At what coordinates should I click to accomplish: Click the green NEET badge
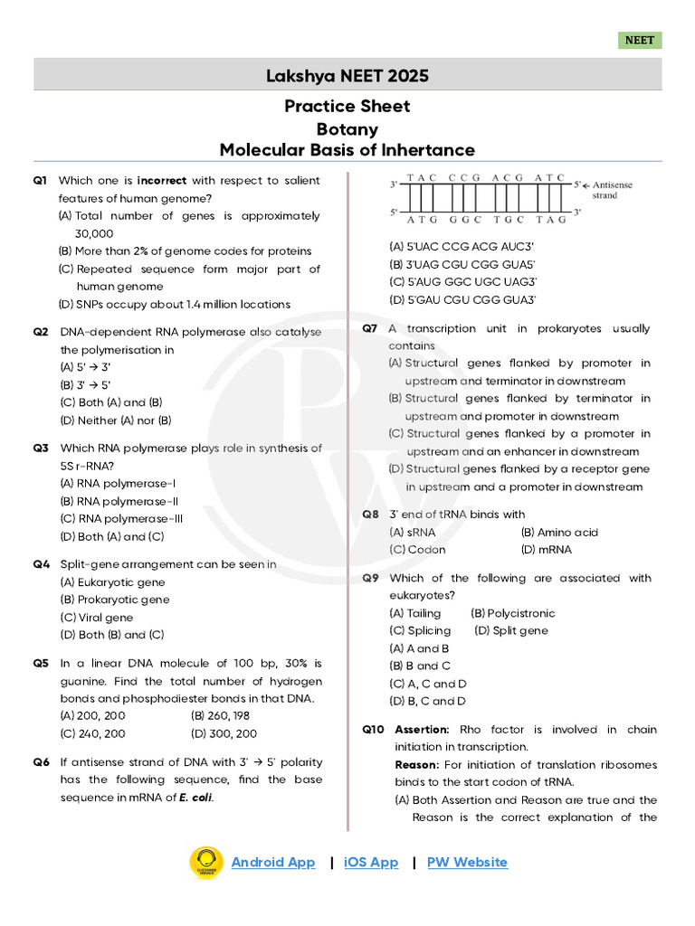[640, 41]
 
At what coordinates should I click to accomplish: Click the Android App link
[273, 862]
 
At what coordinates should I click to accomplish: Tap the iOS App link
[371, 862]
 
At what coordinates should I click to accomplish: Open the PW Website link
[467, 862]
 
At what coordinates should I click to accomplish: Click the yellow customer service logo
[205, 863]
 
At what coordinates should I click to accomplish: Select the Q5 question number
[41, 664]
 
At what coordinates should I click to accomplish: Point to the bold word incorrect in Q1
[162, 181]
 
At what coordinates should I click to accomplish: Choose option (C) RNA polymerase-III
[121, 519]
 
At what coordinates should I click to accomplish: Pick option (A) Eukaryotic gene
[112, 582]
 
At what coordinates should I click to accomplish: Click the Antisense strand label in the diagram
[613, 190]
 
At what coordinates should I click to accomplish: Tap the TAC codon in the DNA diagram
[423, 178]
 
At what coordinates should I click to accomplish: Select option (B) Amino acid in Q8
[559, 533]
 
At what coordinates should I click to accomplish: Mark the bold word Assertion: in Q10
[423, 730]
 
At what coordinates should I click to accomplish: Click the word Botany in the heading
[347, 129]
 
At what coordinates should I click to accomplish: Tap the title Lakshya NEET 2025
[347, 75]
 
